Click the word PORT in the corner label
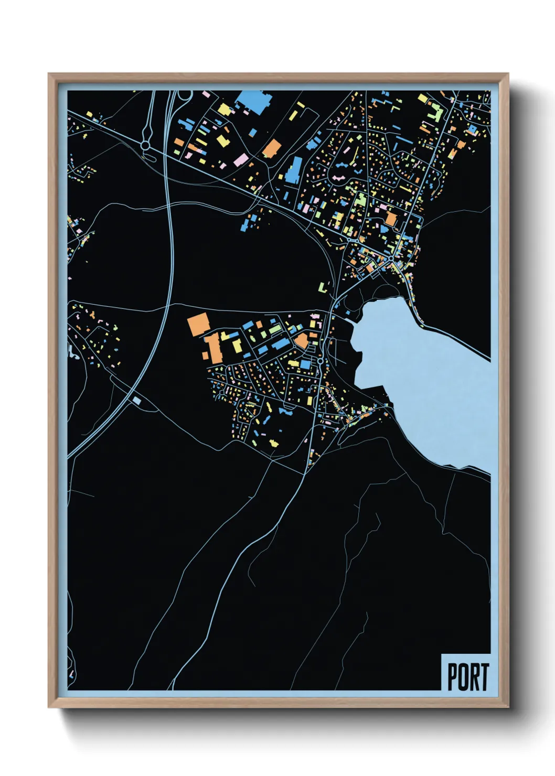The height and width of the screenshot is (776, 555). pos(467,677)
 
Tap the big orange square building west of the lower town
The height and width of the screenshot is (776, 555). pos(198,323)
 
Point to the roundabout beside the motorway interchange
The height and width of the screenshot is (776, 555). pos(144,144)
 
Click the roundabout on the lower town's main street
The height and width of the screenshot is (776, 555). pos(319,361)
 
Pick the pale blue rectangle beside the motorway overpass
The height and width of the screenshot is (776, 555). pos(137,401)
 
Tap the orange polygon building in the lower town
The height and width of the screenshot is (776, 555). pos(301,341)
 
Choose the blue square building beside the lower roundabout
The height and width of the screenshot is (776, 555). pos(305,364)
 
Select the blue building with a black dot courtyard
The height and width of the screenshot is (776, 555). pos(473,128)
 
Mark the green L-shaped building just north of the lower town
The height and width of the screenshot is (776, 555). pos(324,287)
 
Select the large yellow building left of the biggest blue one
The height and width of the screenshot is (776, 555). pos(225,109)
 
